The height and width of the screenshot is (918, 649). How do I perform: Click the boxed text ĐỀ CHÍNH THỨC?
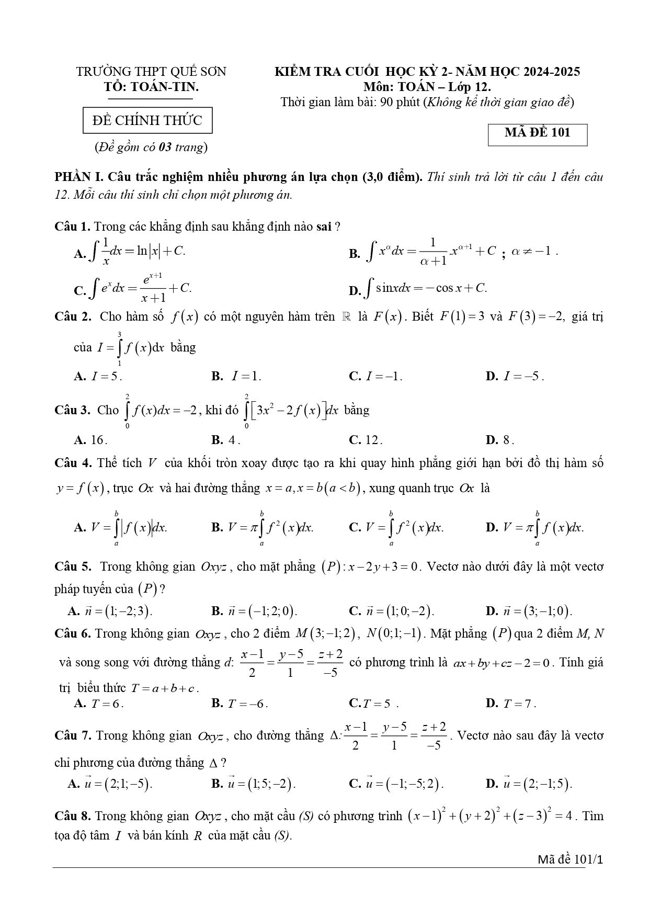point(147,120)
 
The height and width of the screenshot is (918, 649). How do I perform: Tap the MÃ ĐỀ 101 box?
point(537,133)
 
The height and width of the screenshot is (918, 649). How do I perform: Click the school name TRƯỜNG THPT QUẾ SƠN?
point(151,71)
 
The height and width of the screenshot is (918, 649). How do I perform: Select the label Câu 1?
point(73,226)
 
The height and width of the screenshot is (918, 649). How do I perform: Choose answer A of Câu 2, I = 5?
point(98,376)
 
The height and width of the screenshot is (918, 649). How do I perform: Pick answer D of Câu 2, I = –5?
point(515,376)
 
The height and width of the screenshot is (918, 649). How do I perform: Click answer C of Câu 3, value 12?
point(366,440)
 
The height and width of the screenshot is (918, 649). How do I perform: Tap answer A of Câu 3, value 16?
point(90,440)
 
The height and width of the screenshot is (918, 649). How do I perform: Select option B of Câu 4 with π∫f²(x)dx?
point(263,527)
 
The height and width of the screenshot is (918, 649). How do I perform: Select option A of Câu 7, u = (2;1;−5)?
point(110,784)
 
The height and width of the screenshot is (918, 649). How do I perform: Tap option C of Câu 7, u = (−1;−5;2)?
point(396,784)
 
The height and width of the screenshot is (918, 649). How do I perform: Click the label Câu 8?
point(73,816)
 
